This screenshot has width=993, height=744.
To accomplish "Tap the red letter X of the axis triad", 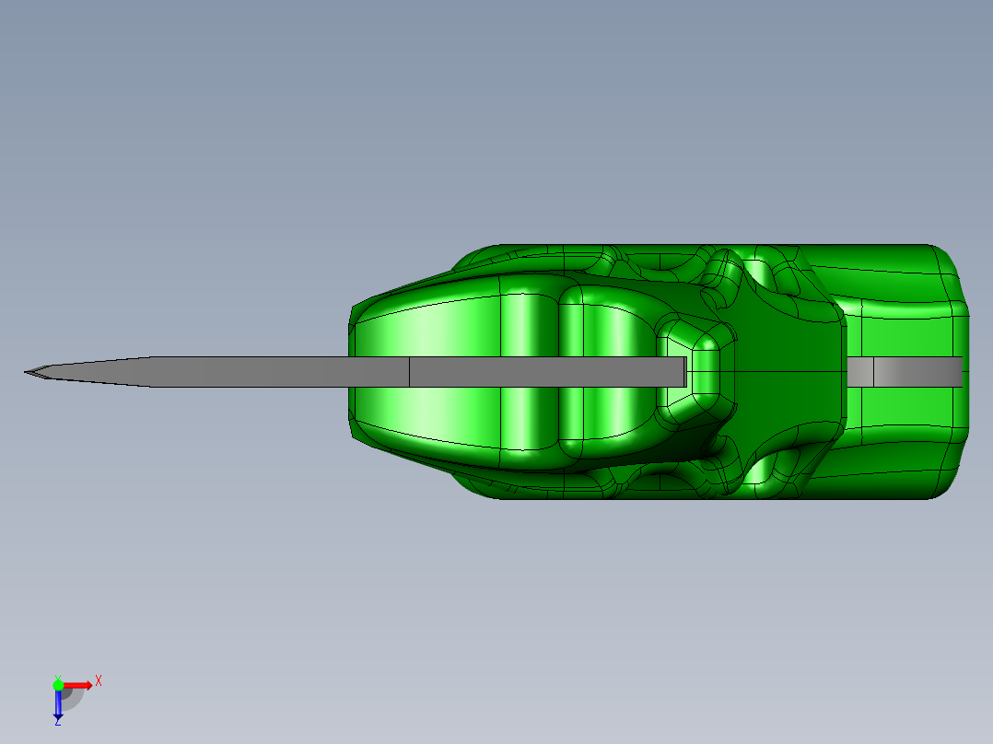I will point(99,681).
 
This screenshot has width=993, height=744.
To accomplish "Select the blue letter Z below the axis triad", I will point(57,723).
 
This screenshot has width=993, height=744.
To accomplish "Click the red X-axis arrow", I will point(79,685).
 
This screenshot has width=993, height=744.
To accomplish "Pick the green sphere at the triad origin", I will point(58,684).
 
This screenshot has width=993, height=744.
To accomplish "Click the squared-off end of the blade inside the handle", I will point(683,372).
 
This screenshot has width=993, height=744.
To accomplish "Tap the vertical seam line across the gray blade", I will point(409,372).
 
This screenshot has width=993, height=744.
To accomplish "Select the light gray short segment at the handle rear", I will point(859,371).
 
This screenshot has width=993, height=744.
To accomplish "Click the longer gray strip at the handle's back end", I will point(917,371).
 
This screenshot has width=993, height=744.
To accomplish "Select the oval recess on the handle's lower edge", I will point(661,480).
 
